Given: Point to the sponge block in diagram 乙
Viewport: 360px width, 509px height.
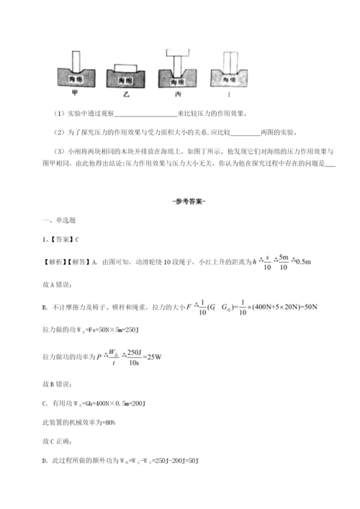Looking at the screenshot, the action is point(125,78).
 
